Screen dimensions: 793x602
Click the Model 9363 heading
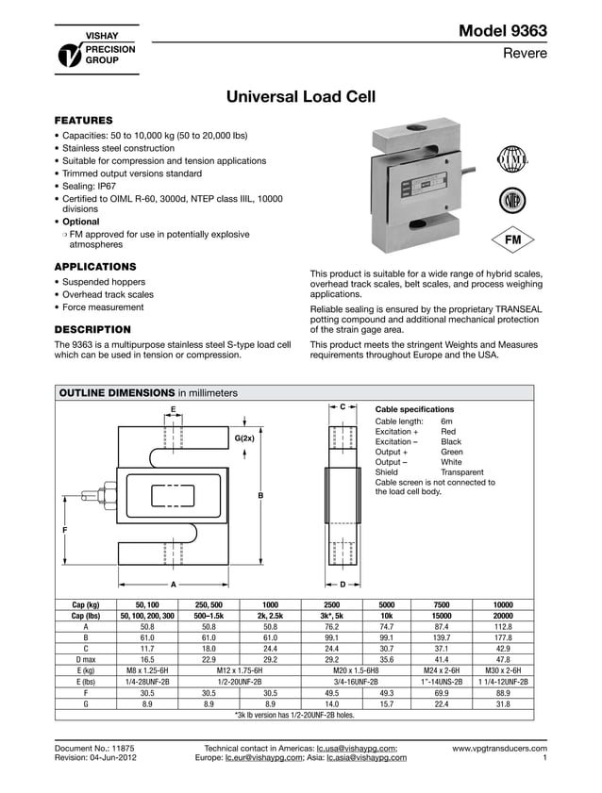point(502,31)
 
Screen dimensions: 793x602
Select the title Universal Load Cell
point(301,97)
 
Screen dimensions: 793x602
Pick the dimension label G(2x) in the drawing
point(244,439)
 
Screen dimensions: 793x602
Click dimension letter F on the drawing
point(64,532)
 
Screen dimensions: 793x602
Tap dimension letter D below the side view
point(343,584)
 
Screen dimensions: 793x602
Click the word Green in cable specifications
point(453,452)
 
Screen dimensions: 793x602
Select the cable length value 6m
point(446,421)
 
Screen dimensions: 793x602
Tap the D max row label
point(87,659)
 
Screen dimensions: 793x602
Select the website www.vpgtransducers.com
point(499,748)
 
